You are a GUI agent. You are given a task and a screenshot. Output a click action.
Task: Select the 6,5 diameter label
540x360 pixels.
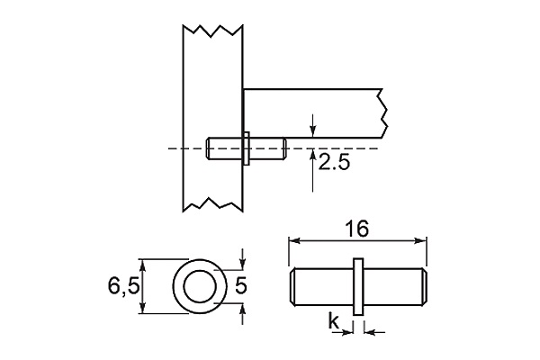pos(122,287)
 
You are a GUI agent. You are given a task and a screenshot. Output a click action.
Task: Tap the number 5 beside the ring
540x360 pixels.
pos(241,287)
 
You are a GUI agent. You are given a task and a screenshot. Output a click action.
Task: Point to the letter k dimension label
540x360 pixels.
pos(333,321)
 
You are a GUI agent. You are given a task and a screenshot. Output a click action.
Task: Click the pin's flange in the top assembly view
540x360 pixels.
pos(245,148)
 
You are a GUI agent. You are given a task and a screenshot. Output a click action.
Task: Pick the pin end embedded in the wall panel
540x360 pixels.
pos(212,148)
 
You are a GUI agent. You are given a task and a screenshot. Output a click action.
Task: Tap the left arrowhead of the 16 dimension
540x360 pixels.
pos(292,240)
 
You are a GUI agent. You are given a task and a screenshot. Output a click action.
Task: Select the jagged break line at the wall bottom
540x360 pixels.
pos(212,202)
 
